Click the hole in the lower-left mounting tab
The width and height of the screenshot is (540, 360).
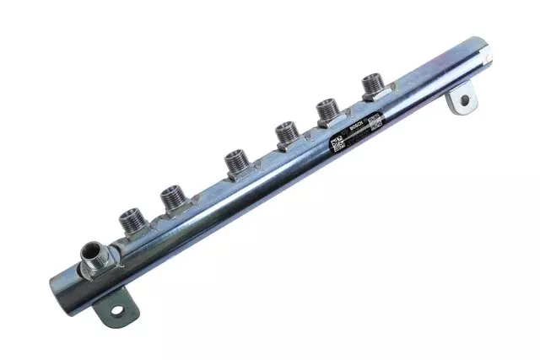pyautogui.click(x=116, y=310)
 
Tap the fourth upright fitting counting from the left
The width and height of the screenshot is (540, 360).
pyautogui.click(x=285, y=132)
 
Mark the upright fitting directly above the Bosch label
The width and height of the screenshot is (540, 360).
pyautogui.click(x=328, y=109)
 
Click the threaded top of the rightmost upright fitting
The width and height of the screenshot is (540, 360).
pyautogui.click(x=373, y=83)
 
